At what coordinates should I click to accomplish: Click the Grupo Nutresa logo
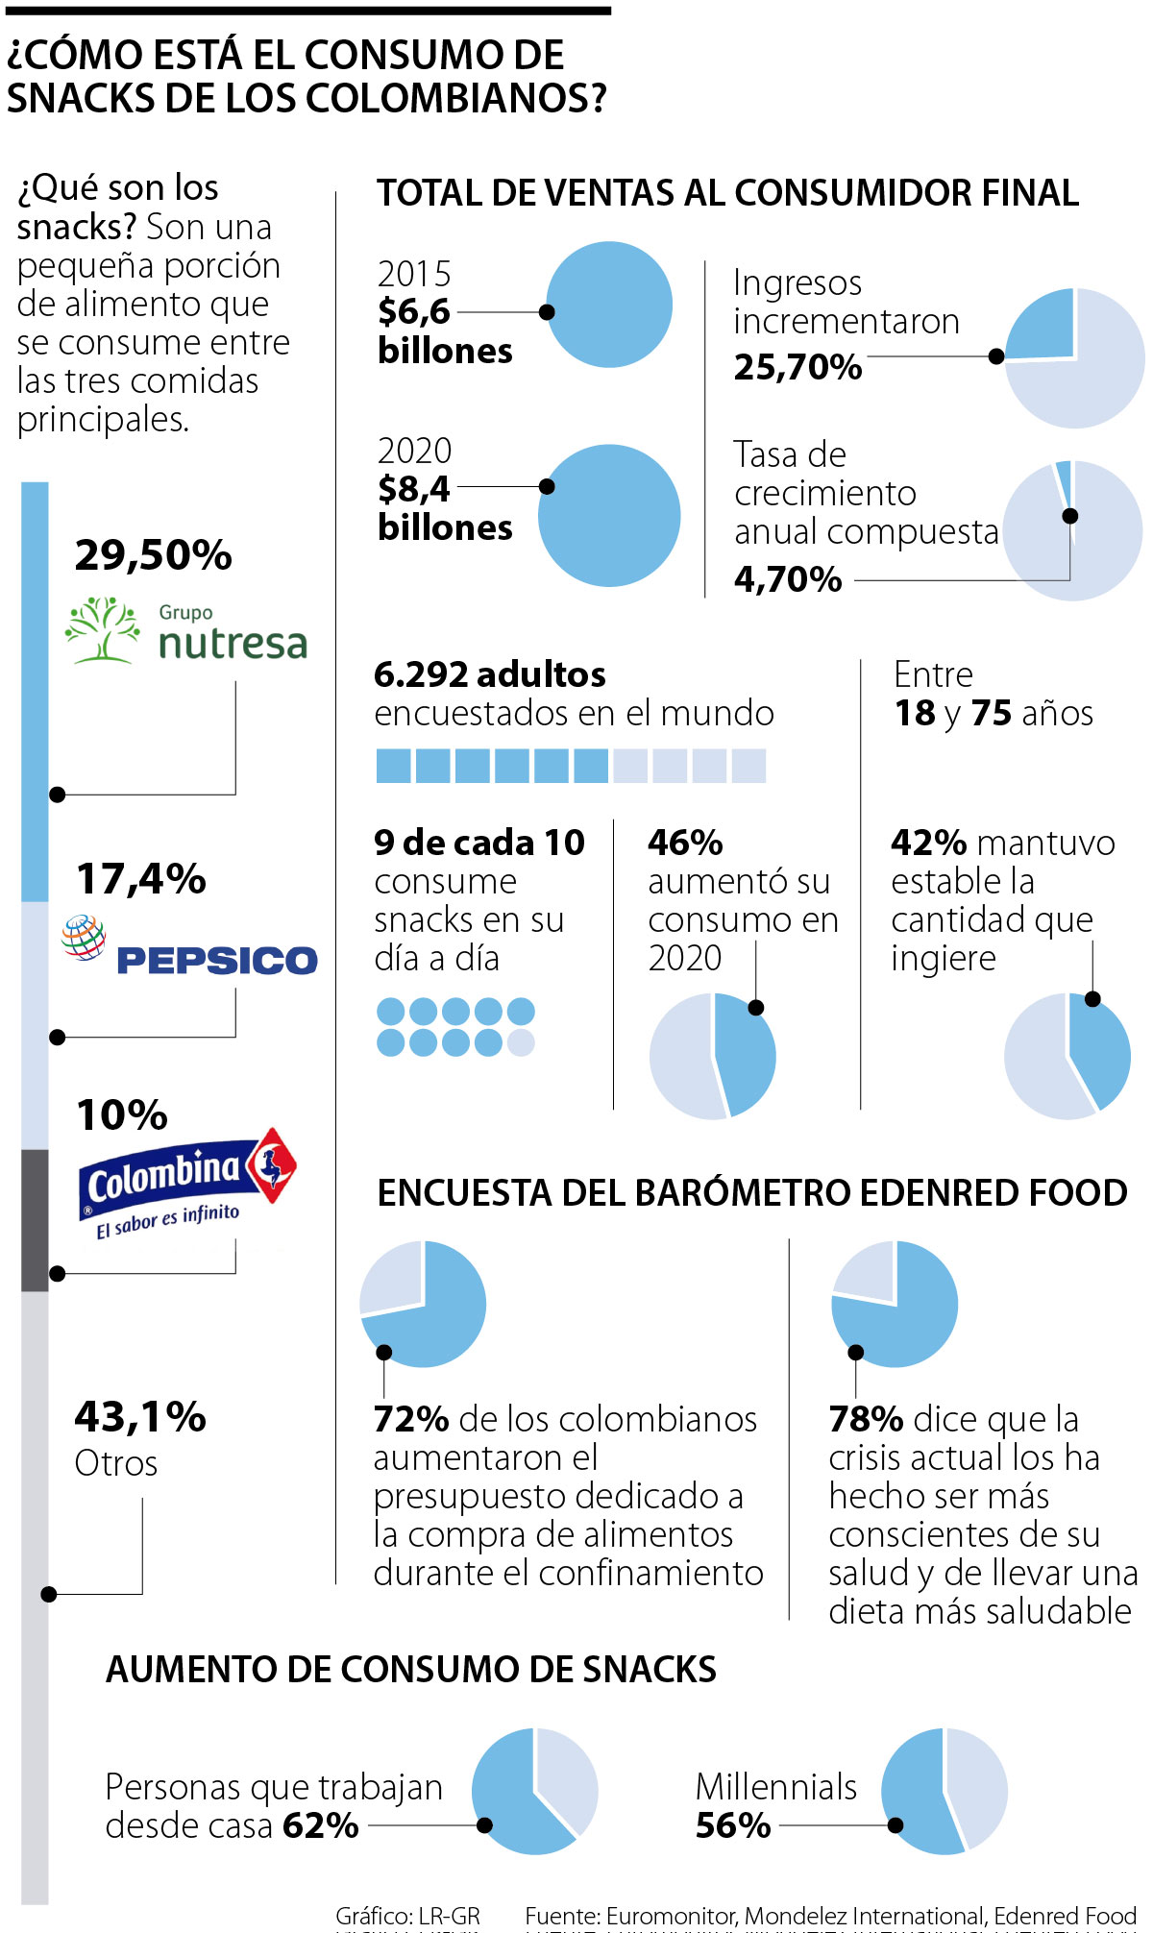click(186, 630)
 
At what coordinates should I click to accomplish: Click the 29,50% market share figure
click(154, 555)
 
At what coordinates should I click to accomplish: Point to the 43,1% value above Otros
click(140, 1417)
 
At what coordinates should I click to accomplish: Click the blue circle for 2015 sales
click(609, 305)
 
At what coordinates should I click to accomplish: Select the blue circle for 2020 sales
click(609, 516)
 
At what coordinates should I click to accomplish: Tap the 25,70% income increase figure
click(797, 367)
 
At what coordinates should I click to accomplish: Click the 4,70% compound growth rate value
click(788, 579)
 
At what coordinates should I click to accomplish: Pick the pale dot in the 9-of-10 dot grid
click(521, 1042)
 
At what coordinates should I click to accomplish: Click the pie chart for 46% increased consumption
click(712, 1056)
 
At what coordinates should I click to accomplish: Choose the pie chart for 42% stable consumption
click(1067, 1056)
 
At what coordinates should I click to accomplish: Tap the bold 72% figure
click(411, 1419)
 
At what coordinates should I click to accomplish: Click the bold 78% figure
click(866, 1419)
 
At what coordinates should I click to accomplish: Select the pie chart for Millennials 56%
click(944, 1791)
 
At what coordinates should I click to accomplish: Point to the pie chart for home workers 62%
click(534, 1791)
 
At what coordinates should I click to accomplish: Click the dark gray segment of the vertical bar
click(35, 1220)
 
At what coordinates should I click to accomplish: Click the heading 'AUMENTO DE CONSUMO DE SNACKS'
click(411, 1670)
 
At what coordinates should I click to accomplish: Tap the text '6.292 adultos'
click(490, 674)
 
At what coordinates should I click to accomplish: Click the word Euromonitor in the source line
click(672, 1916)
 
